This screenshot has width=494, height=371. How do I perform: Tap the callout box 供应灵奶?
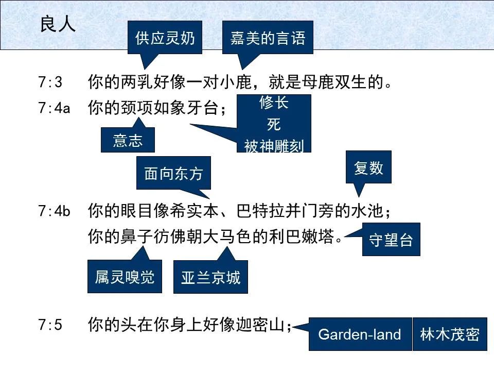165,38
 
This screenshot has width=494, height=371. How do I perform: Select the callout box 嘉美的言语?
268,38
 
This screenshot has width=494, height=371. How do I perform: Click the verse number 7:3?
50,82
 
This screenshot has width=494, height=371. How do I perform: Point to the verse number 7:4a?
54,108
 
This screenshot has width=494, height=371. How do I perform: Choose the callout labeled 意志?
128,140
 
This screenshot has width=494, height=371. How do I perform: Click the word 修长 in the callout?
274,103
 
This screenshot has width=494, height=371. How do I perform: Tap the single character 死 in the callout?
274,125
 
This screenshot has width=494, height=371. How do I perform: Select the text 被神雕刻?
274,146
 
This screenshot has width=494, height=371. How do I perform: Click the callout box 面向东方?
173,174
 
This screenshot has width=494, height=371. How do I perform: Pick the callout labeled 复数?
368,167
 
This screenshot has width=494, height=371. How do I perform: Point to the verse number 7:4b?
54,211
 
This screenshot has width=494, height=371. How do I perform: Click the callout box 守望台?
391,240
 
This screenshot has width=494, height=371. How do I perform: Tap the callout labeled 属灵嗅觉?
125,278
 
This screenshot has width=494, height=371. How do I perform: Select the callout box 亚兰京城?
210,278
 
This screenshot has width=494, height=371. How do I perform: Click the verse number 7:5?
50,325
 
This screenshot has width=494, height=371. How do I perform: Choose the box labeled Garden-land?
360,334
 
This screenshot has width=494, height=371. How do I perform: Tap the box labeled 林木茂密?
450,334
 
